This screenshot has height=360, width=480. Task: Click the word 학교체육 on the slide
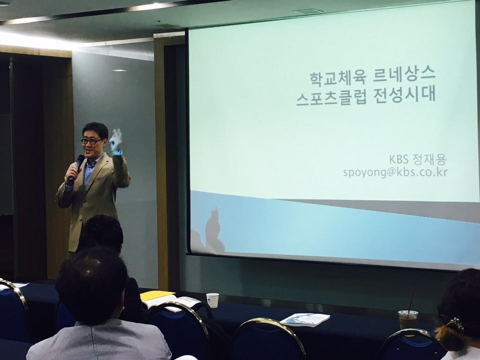(x=337, y=78)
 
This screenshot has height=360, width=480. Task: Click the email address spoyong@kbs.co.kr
(x=395, y=172)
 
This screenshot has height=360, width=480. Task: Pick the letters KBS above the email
(x=399, y=159)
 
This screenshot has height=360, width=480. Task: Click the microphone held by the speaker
(x=76, y=166)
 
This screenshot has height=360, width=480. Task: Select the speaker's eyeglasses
(x=91, y=141)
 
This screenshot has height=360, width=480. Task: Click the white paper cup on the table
(x=212, y=300)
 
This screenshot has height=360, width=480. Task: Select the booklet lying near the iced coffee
(x=305, y=319)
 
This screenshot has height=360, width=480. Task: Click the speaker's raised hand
(x=115, y=141)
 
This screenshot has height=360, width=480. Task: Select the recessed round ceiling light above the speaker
(x=119, y=70)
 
